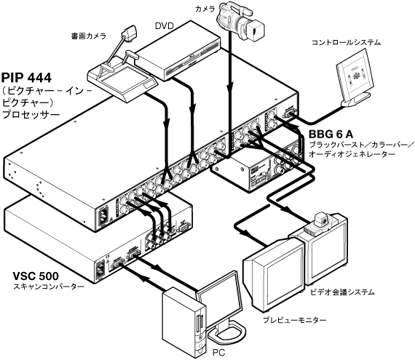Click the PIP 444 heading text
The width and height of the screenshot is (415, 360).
26,78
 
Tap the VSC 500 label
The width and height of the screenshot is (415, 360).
36,276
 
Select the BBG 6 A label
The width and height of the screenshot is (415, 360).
331,135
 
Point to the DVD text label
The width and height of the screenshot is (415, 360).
164,26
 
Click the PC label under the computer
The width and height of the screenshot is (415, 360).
218,352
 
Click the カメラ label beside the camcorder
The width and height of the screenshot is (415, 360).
205,9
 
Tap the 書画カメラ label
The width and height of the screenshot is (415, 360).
89,36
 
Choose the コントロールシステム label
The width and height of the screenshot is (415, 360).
346,42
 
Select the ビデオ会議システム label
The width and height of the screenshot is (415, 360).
342,292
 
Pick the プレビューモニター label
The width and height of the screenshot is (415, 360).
294,320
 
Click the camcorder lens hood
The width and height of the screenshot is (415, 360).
256,31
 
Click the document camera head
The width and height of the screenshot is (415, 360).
130,34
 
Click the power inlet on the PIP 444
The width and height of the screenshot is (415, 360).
103,216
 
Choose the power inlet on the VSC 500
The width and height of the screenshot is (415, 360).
100,268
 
